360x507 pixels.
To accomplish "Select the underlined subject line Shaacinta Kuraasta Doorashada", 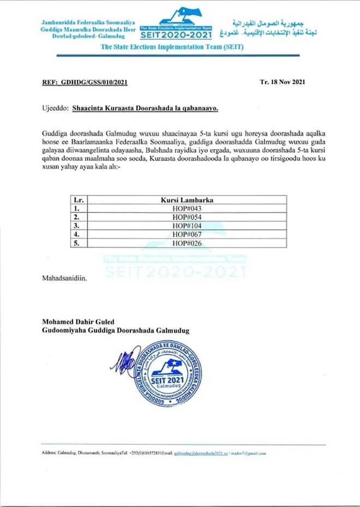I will (x=145, y=109).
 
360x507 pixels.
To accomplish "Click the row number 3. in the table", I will (x=77, y=225).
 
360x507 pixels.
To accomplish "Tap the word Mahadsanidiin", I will (x=64, y=278).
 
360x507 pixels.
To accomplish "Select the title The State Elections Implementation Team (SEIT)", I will (x=172, y=47).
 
